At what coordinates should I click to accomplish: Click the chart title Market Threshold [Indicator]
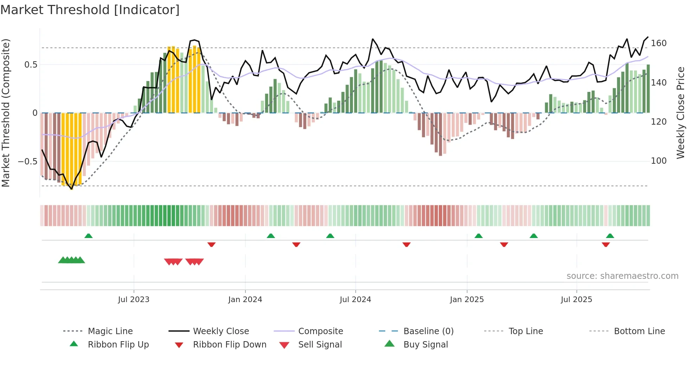90,10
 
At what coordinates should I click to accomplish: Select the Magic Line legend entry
110,331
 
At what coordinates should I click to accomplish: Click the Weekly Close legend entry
221,331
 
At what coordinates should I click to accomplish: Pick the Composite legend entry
320,331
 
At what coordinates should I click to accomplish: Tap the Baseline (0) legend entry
428,331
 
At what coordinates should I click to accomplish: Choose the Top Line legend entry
526,331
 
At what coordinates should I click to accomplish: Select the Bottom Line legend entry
639,331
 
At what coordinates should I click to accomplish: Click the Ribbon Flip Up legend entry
118,344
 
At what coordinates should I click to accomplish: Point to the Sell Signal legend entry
320,344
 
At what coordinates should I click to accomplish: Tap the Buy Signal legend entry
425,344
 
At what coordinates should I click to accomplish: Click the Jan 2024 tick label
245,299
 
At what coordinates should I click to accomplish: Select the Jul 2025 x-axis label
576,299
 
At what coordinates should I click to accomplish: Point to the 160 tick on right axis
658,43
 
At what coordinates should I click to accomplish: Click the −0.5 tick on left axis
27,161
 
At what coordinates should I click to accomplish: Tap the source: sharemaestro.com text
622,276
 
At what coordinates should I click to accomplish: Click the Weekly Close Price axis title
681,113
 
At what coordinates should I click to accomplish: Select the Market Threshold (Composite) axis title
6,113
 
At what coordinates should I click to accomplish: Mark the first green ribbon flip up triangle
89,236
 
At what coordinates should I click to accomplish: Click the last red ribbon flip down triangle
605,244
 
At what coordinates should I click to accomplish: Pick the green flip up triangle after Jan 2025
478,236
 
